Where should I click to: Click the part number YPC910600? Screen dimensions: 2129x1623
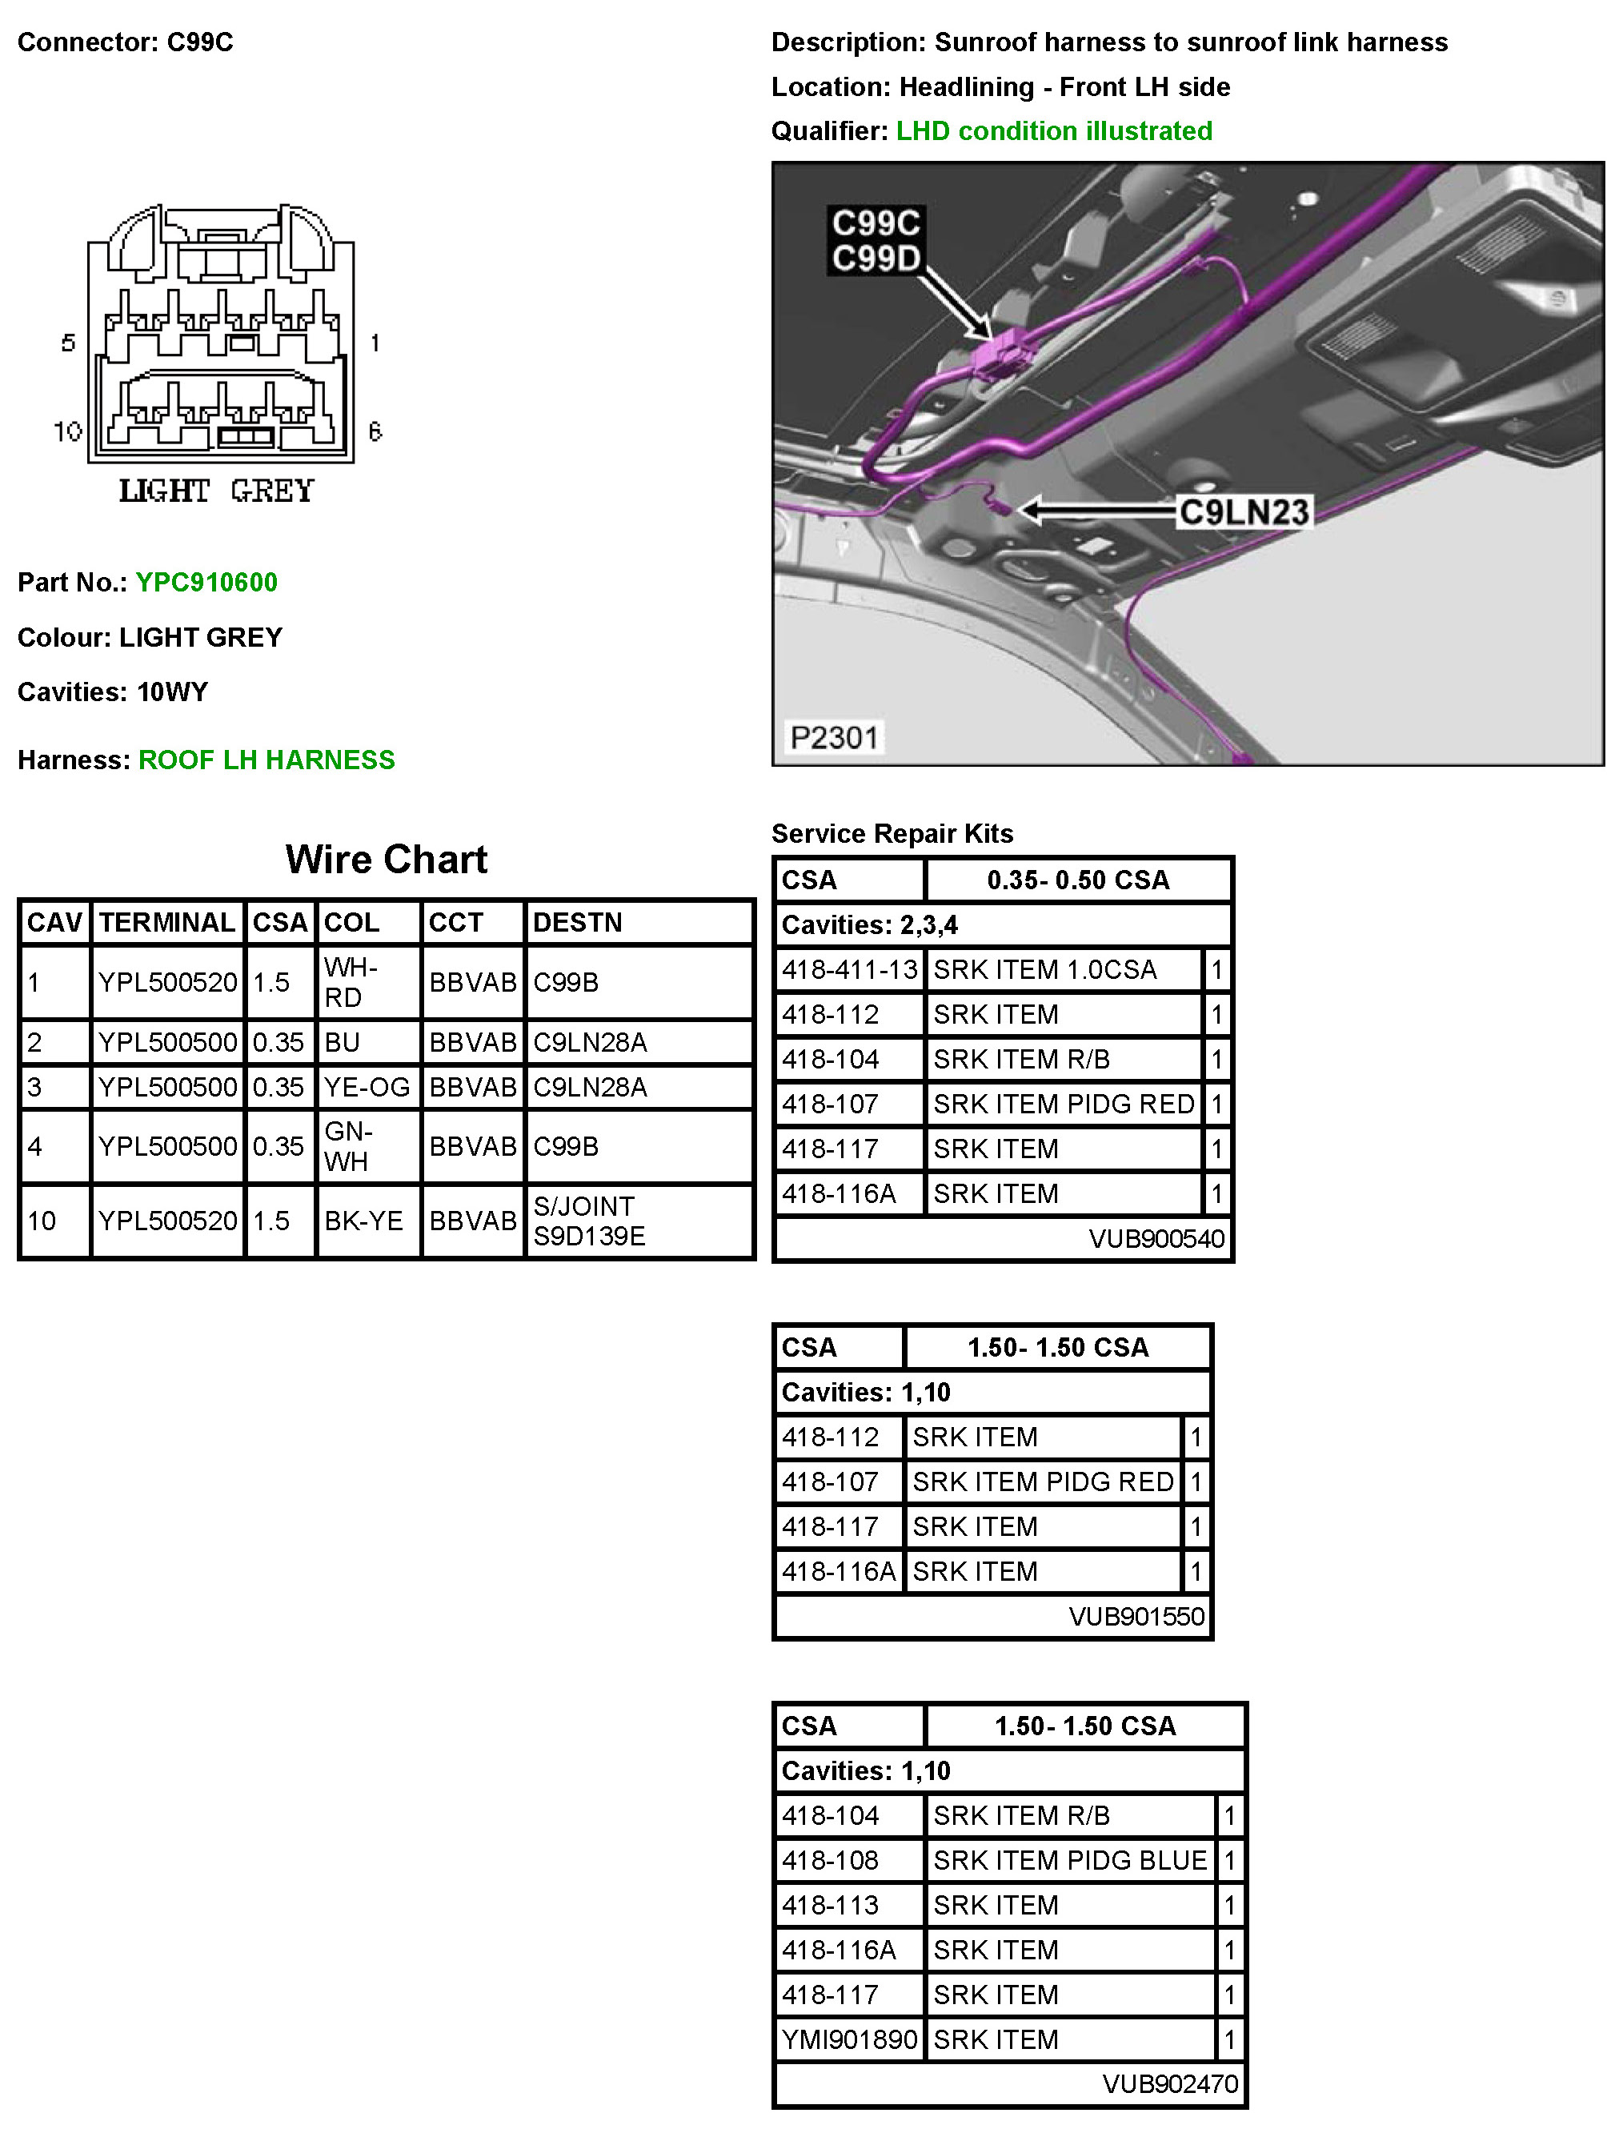click(x=206, y=583)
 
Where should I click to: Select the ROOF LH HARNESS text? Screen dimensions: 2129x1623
click(x=266, y=760)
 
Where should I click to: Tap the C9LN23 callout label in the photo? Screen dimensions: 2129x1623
click(x=1244, y=512)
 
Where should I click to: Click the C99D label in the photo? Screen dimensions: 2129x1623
click(x=876, y=259)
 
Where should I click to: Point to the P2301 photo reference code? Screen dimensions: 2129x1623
click(x=834, y=738)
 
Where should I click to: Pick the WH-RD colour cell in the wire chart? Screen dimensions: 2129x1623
click(x=351, y=982)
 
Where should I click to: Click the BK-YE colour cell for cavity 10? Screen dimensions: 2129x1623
click(x=363, y=1221)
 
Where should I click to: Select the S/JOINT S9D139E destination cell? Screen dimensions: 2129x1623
click(x=589, y=1221)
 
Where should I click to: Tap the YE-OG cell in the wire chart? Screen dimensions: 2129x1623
click(x=367, y=1088)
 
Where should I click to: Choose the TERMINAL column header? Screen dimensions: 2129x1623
click(x=167, y=923)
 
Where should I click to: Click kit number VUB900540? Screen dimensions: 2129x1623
click(x=1156, y=1238)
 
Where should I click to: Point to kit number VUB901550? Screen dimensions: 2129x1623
click(x=1136, y=1616)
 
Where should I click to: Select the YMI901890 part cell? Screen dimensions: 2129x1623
click(x=849, y=2039)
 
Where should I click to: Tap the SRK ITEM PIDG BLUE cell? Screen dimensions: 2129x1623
click(x=1069, y=1859)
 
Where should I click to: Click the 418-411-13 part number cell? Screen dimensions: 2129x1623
click(x=849, y=969)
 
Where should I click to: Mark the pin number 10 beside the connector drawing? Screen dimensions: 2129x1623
click(x=67, y=431)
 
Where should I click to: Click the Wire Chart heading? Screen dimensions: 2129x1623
click(x=387, y=859)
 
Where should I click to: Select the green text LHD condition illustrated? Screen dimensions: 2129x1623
click(x=1054, y=131)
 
